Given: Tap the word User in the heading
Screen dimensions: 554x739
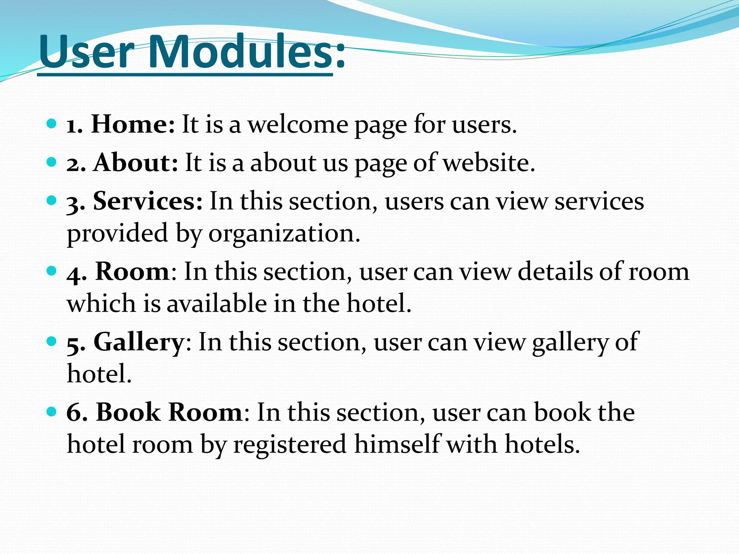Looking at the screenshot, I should tap(87, 52).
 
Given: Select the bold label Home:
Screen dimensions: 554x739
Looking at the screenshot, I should tap(133, 124).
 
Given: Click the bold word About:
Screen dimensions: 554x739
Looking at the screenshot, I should tap(136, 163).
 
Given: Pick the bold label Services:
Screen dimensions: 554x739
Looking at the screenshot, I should tap(148, 201).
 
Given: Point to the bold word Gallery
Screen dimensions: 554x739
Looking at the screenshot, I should tap(139, 342).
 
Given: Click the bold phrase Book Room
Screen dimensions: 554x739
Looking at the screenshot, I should tap(169, 412).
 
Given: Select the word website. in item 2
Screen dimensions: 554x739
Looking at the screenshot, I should tap(489, 163).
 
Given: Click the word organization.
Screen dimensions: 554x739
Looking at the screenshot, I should tap(284, 233).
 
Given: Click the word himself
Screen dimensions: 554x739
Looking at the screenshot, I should tap(397, 444).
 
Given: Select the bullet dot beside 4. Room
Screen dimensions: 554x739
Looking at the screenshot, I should tap(52, 271).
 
